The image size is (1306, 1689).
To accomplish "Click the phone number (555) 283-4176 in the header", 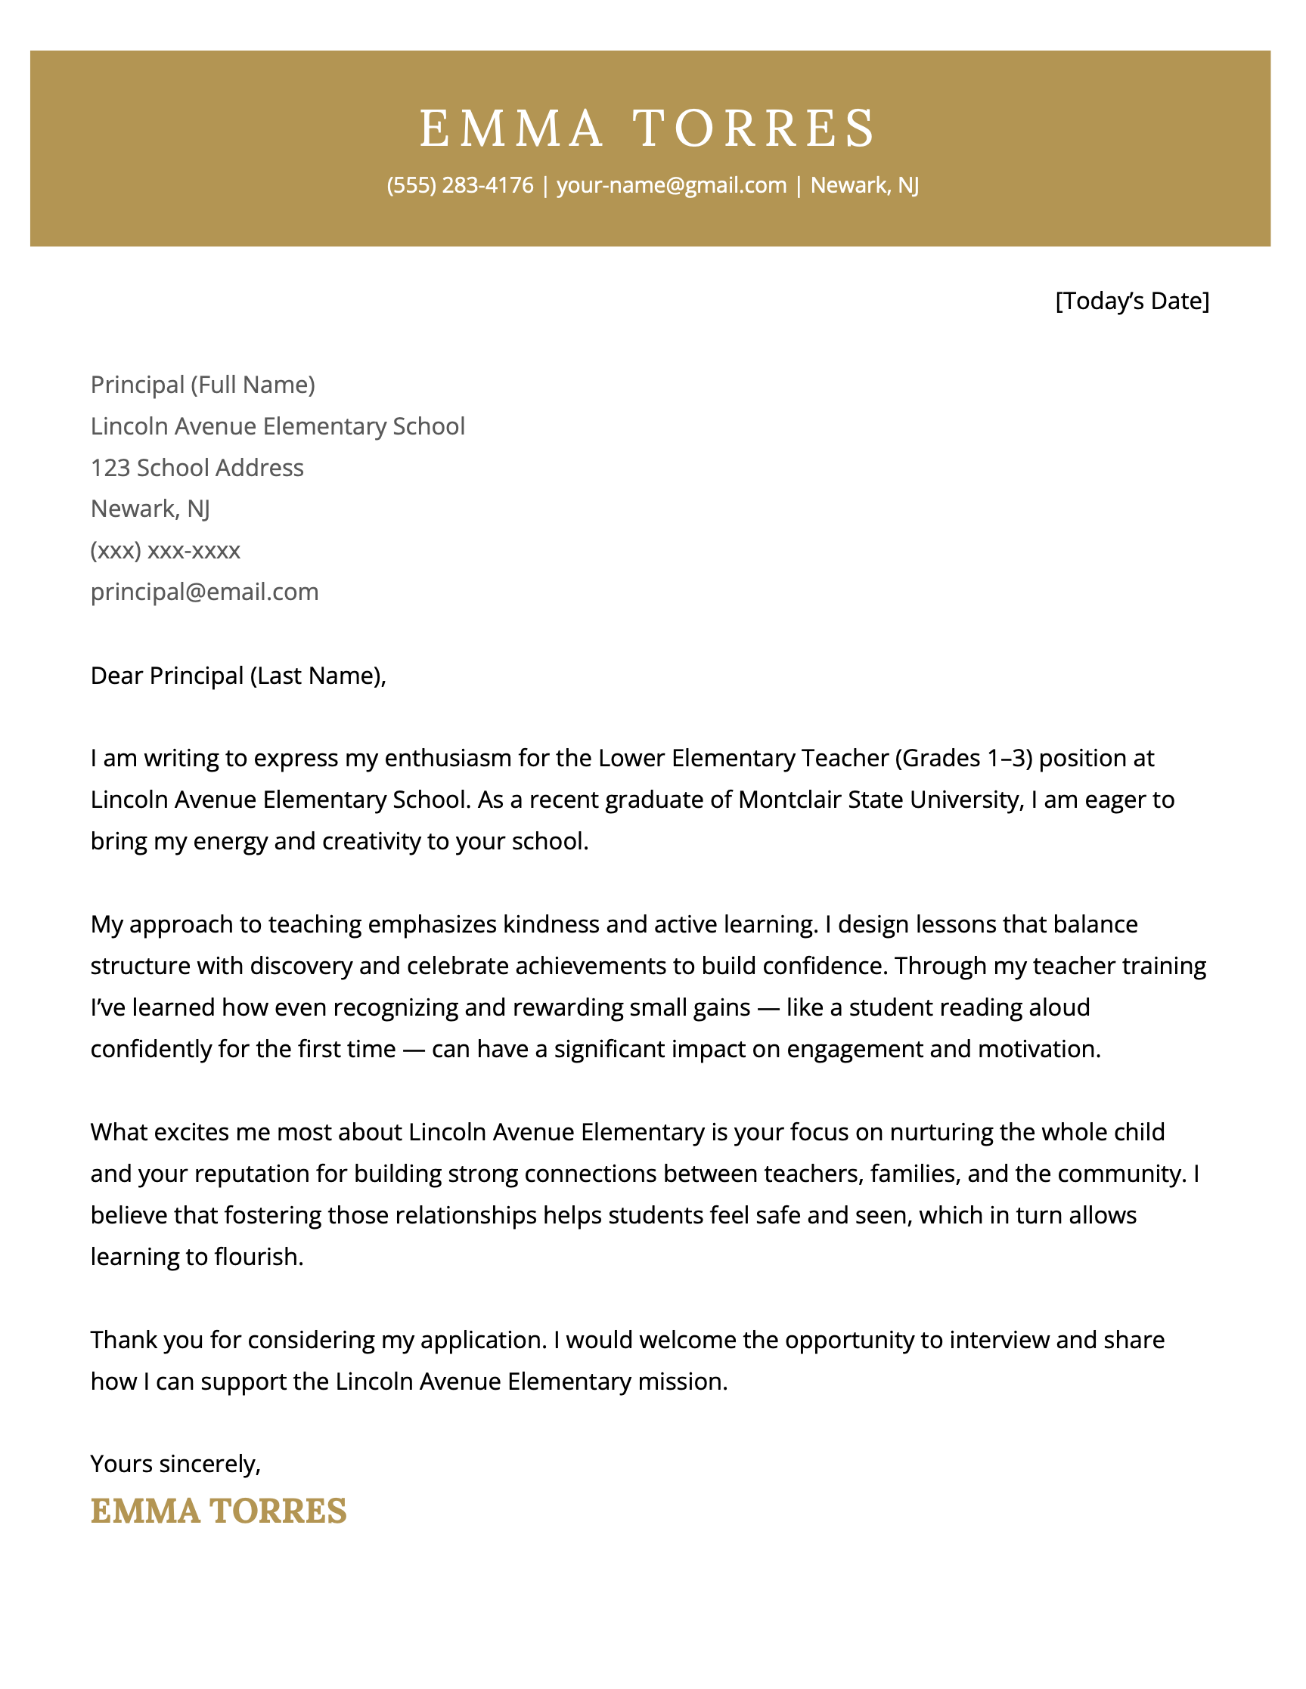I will tap(460, 186).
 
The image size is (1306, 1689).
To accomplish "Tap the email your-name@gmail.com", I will tap(671, 186).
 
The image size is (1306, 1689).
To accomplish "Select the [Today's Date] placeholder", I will tap(1131, 301).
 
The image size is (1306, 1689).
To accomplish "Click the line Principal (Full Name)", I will tap(203, 385).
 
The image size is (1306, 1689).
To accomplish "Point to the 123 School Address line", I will tap(197, 468).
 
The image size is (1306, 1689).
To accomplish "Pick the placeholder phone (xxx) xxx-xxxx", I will tap(166, 551).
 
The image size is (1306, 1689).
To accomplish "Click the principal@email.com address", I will tap(204, 592).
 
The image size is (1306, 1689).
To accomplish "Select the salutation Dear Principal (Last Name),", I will tap(237, 676).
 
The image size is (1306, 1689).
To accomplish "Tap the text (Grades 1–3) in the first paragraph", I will tap(963, 758).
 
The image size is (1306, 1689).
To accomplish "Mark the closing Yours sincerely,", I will tap(175, 1464).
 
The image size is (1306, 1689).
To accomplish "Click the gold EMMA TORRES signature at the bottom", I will tap(219, 1511).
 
